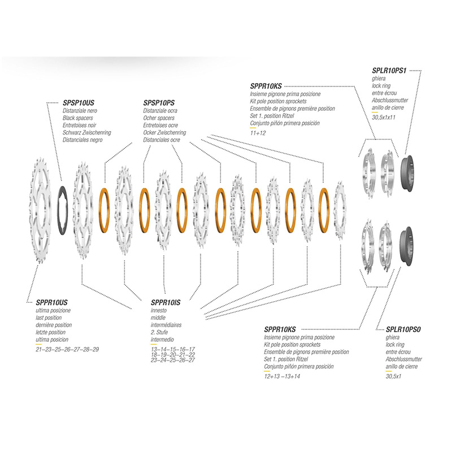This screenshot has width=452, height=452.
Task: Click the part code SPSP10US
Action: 79,103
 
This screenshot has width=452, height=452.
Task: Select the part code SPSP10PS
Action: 159,103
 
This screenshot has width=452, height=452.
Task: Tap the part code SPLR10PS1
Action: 389,71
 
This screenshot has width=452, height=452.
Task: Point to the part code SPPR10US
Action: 51,303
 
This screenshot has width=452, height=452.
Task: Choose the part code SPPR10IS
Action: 166,303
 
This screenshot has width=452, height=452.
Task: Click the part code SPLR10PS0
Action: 403,329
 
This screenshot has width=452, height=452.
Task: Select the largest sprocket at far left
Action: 40,210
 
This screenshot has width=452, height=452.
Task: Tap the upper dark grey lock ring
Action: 407,172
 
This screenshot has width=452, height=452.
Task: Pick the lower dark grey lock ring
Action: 406,245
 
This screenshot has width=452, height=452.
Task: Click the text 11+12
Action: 258,133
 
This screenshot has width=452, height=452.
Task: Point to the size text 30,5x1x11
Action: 384,118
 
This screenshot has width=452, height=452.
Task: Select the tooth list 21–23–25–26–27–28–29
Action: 67,350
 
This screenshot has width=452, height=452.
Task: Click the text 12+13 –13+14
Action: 282,376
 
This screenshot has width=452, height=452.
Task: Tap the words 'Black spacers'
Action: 78,118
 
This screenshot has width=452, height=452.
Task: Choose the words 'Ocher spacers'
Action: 159,118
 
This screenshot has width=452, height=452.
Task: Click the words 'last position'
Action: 49,318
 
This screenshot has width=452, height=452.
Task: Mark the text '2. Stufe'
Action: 159,332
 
